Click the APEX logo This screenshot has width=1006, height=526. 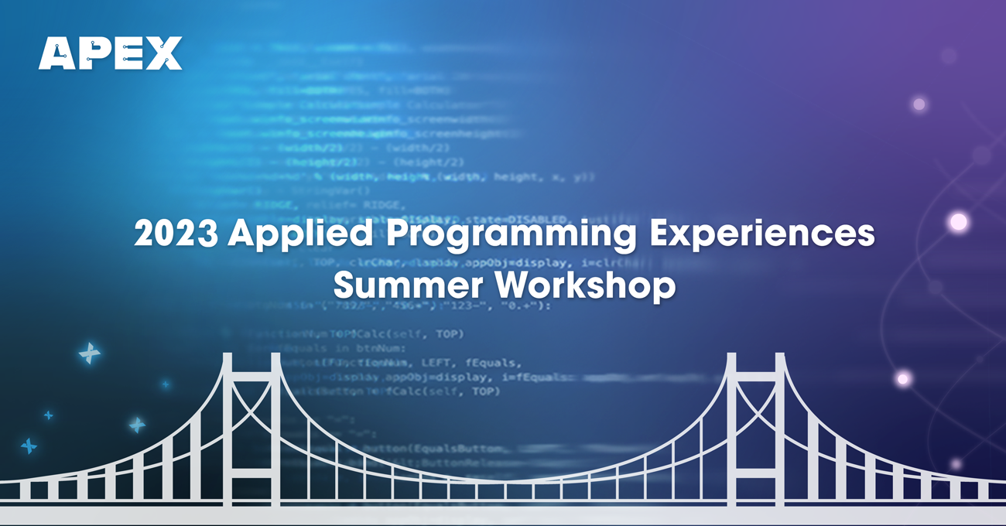click(x=111, y=53)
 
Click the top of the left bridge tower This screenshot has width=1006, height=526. click(x=252, y=357)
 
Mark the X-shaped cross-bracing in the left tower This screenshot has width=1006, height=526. click(x=252, y=402)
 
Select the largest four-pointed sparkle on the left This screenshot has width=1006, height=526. click(x=90, y=354)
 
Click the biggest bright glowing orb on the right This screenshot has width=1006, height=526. click(x=958, y=222)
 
